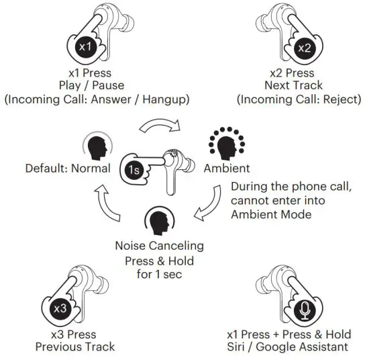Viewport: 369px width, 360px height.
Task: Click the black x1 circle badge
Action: click(x=85, y=47)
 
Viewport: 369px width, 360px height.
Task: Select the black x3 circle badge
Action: click(x=60, y=309)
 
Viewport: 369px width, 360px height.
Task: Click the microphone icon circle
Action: click(x=305, y=310)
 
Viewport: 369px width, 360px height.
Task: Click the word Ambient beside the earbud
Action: click(x=227, y=168)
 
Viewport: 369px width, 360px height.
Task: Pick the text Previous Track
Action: click(x=75, y=347)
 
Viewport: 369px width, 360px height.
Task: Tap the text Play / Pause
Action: click(x=95, y=85)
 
